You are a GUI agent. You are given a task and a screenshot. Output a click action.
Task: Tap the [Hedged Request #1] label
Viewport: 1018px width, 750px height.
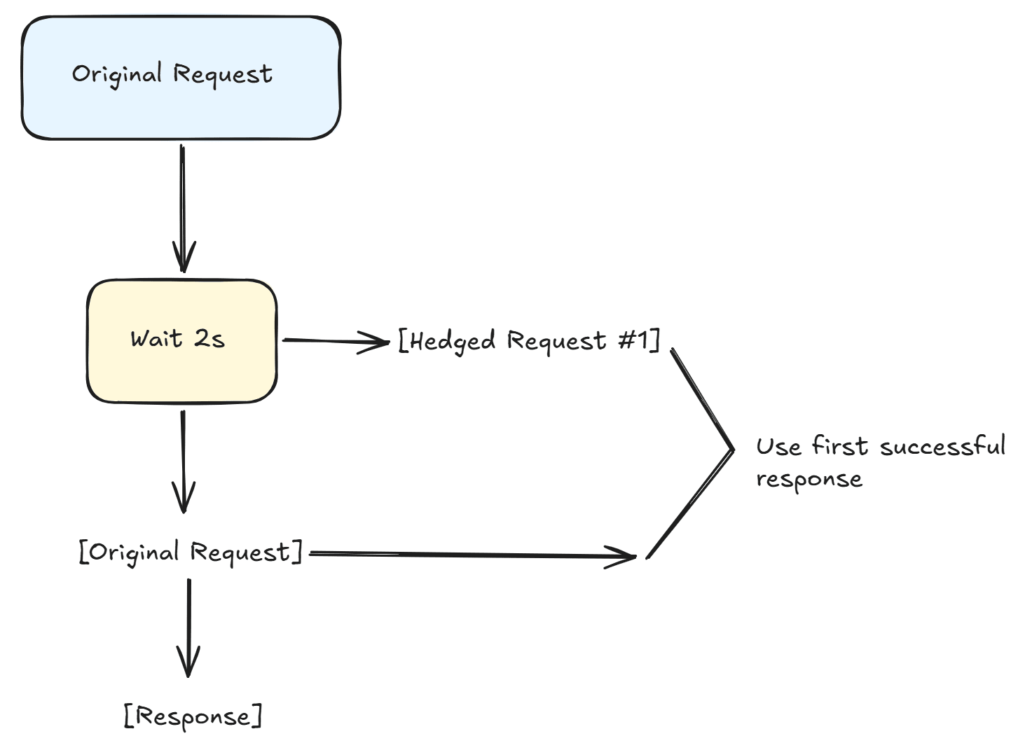pos(529,341)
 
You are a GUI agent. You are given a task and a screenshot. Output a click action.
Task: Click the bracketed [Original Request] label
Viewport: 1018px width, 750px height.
pos(191,553)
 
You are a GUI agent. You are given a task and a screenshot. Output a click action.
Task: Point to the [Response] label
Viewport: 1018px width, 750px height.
pos(193,716)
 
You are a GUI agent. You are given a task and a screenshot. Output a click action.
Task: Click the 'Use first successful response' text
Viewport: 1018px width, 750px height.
pos(879,462)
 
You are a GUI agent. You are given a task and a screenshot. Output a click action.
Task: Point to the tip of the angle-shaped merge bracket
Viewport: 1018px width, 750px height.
pos(732,450)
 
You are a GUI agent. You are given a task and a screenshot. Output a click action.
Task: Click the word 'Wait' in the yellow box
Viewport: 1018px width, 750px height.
pos(156,339)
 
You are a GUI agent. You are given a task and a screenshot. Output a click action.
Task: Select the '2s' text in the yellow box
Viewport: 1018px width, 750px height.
pos(209,339)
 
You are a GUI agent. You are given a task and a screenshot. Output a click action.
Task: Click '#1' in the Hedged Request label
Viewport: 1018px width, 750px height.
pos(633,340)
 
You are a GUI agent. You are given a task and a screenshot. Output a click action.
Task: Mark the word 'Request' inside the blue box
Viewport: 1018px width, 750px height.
pos(223,74)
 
